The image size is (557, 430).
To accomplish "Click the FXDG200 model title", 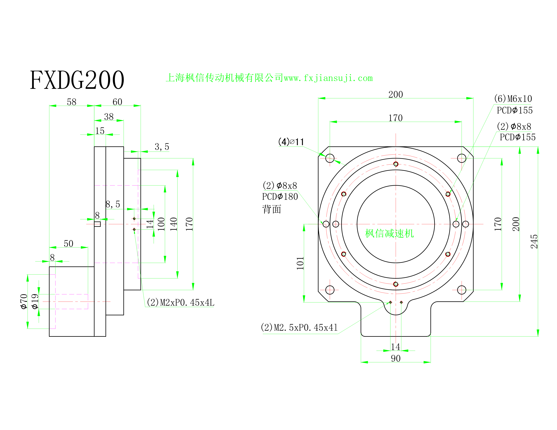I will (77, 80).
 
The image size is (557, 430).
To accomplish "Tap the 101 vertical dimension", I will (300, 263).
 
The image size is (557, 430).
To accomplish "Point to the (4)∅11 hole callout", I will (291, 142).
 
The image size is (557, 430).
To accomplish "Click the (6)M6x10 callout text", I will (513, 99).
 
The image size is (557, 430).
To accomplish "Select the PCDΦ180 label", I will (280, 197).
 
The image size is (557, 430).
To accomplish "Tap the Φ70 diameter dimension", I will (24, 301).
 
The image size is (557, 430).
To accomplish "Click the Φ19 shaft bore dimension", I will (35, 301).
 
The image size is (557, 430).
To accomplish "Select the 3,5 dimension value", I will (162, 147).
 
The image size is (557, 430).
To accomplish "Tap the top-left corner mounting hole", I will (330, 158).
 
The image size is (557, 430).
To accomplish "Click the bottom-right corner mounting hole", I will (462, 290).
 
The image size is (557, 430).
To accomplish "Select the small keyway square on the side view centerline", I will (97, 224).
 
